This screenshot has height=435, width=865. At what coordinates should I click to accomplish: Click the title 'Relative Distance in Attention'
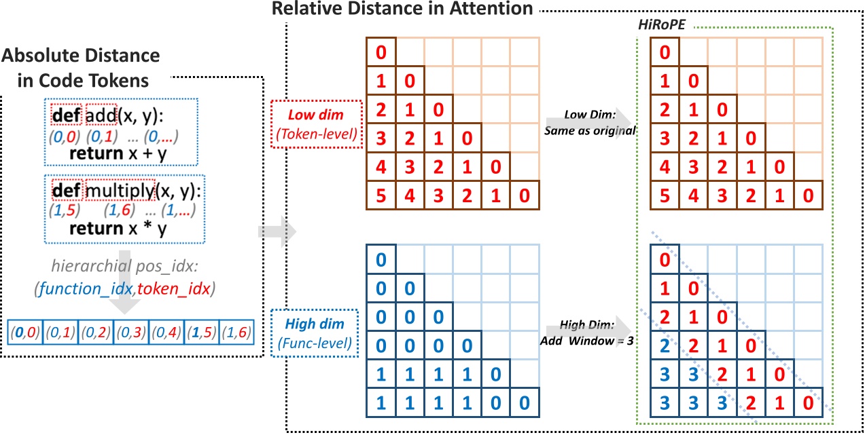pyautogui.click(x=402, y=9)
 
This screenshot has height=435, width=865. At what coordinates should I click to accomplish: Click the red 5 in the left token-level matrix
pyautogui.click(x=381, y=195)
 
